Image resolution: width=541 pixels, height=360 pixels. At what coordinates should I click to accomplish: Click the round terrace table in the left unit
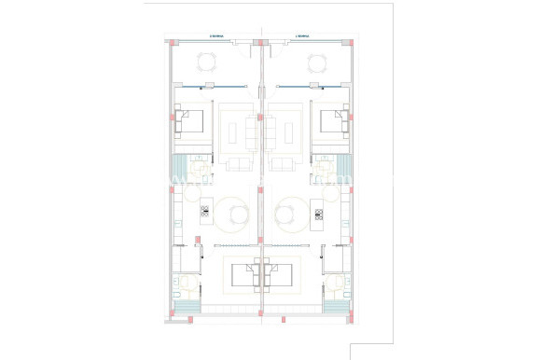[206, 63]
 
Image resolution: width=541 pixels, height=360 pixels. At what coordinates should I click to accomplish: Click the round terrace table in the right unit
[317, 63]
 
